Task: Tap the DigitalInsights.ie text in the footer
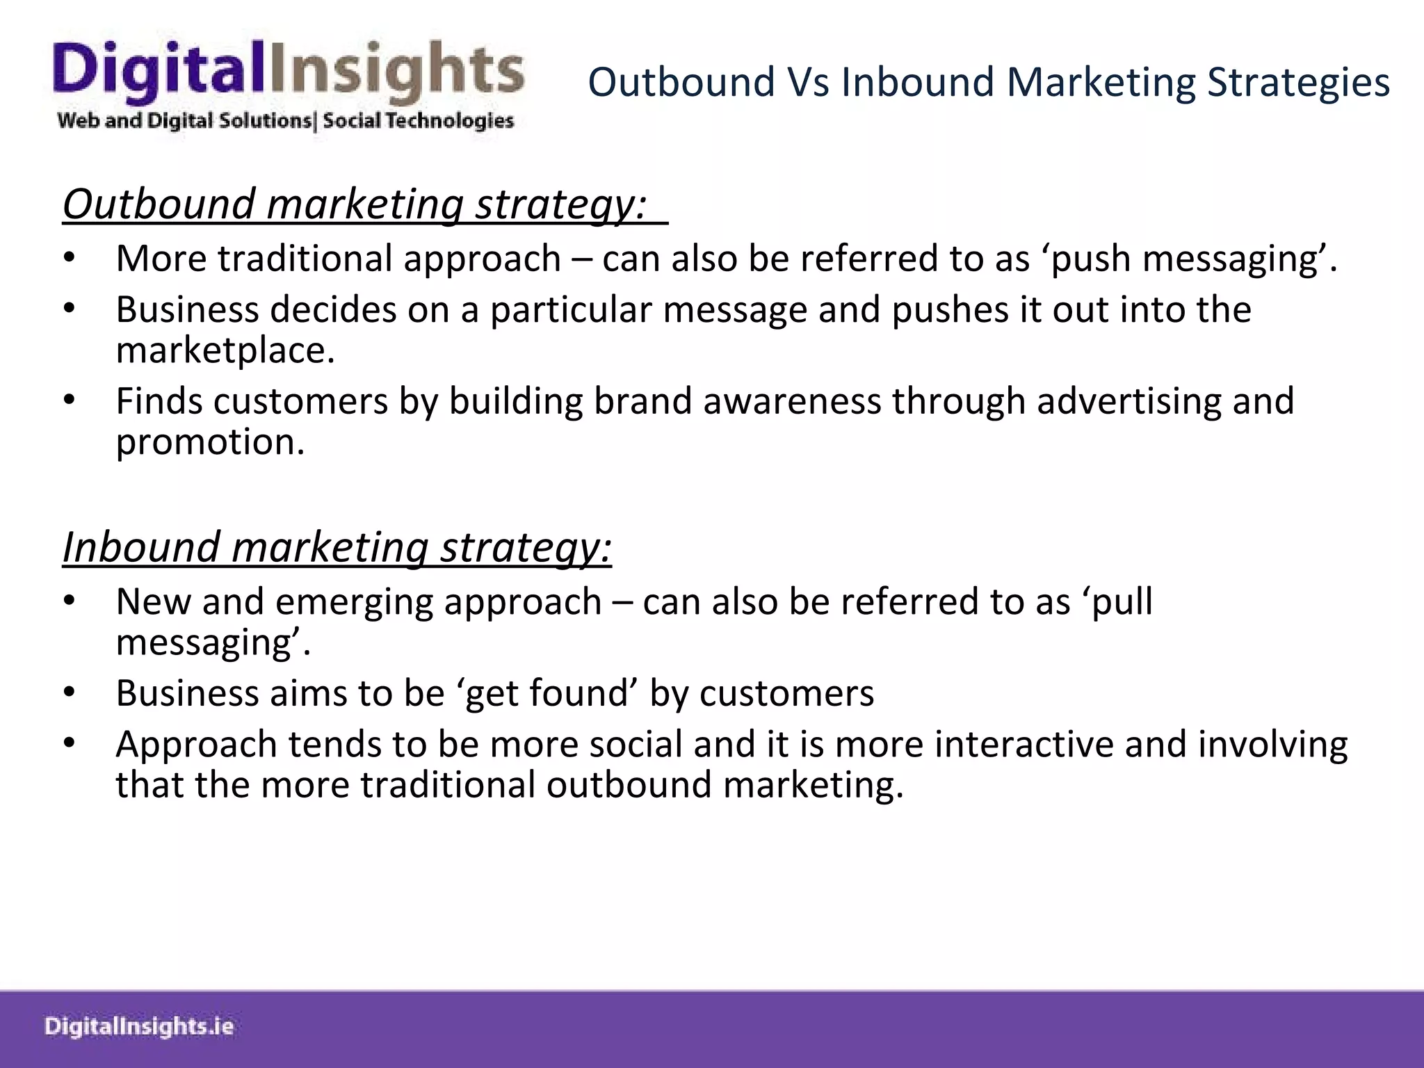pos(139,1026)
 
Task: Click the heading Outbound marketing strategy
pos(355,204)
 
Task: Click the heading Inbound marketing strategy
pos(337,547)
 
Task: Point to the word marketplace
pos(225,350)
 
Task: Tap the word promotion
pos(210,442)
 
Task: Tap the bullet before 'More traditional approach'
pos(68,259)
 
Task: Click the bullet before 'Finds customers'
pos(68,401)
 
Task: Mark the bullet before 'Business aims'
pos(68,693)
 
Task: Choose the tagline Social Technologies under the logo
pos(418,121)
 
